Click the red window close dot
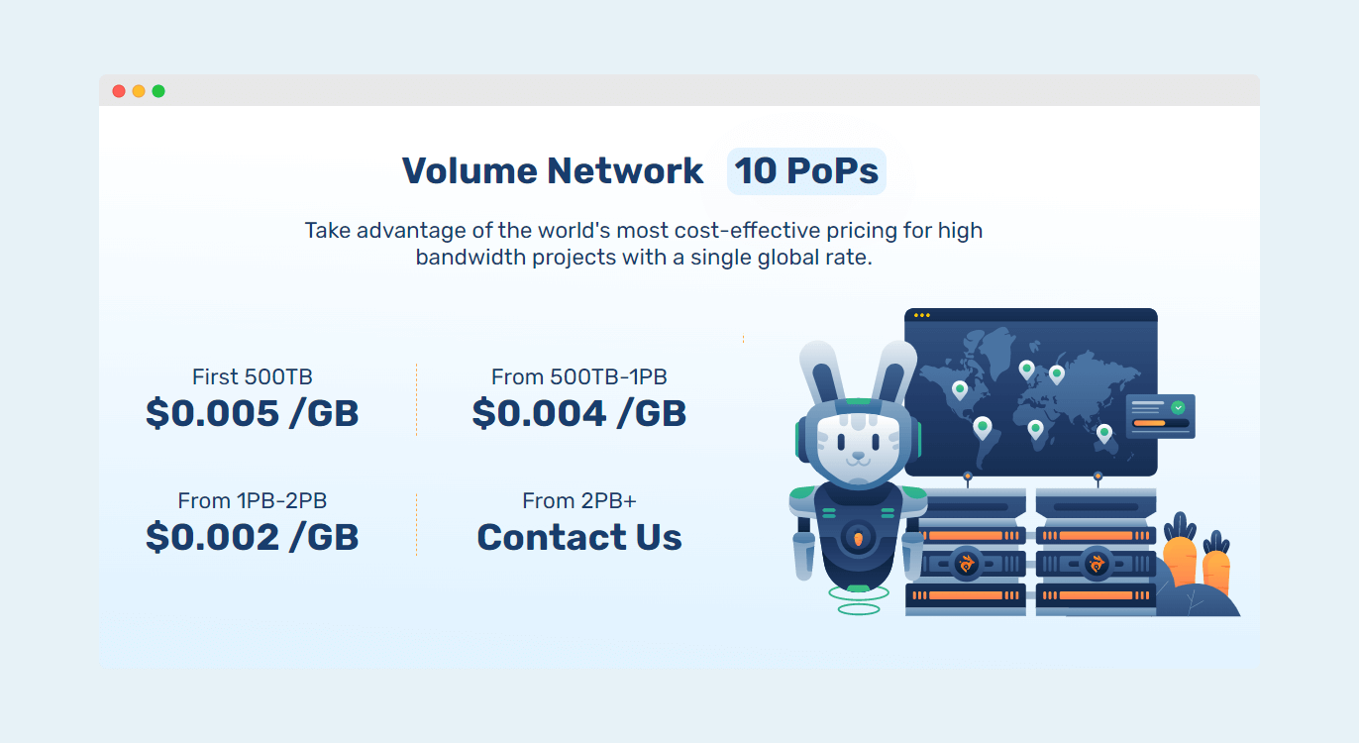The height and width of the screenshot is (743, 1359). click(x=119, y=91)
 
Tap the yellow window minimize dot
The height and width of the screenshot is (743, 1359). click(x=139, y=91)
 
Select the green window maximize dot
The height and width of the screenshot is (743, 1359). click(x=158, y=91)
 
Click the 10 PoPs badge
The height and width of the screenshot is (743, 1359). click(x=806, y=171)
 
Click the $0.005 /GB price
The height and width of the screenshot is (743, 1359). click(x=253, y=413)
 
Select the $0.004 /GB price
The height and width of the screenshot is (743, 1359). click(x=579, y=413)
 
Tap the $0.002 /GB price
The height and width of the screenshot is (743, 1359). click(x=253, y=537)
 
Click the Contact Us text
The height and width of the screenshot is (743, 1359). click(x=579, y=537)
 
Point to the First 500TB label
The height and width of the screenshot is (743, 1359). click(x=253, y=377)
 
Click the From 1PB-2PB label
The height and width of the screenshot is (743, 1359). click(x=253, y=501)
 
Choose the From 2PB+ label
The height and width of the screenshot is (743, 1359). click(x=579, y=501)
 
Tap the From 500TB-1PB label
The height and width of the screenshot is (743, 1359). click(x=579, y=377)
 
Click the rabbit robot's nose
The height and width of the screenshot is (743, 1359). click(x=859, y=455)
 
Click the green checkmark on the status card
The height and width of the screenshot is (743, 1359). click(x=1178, y=407)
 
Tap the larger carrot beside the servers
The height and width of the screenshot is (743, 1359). click(x=1180, y=552)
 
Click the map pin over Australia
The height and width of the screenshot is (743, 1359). click(x=1104, y=434)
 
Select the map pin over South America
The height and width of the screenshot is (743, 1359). click(x=983, y=428)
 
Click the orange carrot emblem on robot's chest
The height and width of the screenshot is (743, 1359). click(x=858, y=538)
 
